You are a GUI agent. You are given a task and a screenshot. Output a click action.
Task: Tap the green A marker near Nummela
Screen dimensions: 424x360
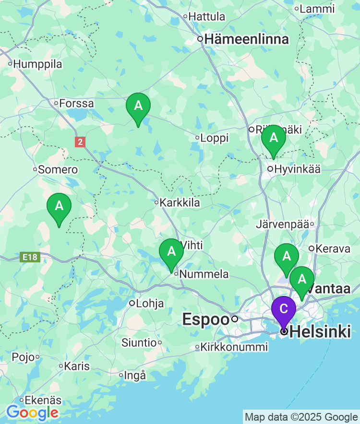pyautogui.click(x=171, y=252)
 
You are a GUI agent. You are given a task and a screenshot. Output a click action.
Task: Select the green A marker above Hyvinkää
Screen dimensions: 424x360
pyautogui.click(x=274, y=138)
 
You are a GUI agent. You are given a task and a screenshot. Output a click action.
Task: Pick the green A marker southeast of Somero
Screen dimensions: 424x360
pyautogui.click(x=59, y=206)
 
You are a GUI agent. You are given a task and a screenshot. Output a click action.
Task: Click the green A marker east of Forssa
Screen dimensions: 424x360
pyautogui.click(x=138, y=106)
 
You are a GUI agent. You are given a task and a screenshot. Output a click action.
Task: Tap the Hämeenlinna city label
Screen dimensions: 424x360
pyautogui.click(x=247, y=39)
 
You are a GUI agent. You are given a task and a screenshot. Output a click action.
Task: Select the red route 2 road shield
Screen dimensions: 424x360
pyautogui.click(x=80, y=142)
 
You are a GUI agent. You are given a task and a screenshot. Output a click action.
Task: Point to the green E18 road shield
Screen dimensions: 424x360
pyautogui.click(x=30, y=258)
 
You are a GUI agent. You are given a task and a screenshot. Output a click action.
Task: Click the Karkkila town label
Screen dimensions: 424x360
pyautogui.click(x=180, y=203)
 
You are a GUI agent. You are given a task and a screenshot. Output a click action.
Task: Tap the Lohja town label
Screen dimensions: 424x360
pyautogui.click(x=150, y=304)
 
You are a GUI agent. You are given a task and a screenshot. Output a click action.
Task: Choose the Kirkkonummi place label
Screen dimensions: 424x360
pyautogui.click(x=234, y=347)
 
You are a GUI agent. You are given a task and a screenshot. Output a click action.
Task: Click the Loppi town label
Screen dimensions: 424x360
pyautogui.click(x=214, y=138)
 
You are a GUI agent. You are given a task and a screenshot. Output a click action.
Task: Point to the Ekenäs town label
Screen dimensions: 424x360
pyautogui.click(x=43, y=400)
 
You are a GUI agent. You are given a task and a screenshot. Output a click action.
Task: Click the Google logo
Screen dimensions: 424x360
pyautogui.click(x=32, y=412)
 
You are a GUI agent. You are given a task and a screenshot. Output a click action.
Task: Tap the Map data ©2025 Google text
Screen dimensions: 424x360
pyautogui.click(x=301, y=417)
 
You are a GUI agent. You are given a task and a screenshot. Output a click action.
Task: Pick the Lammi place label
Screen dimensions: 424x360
pyautogui.click(x=317, y=9)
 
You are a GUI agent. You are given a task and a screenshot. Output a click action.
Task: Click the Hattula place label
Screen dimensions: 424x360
pyautogui.click(x=206, y=17)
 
